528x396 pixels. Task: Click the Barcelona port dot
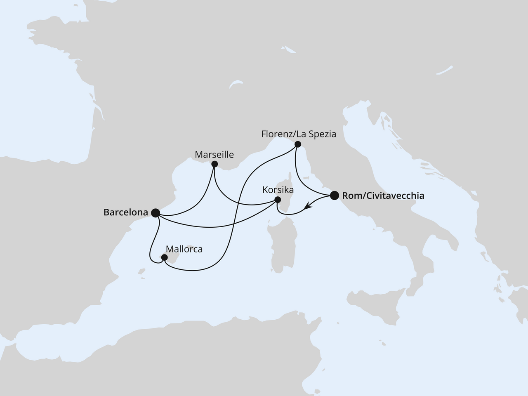(156, 213)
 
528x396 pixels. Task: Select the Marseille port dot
(214, 164)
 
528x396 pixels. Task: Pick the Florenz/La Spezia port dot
(297, 144)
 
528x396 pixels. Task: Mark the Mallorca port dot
(164, 258)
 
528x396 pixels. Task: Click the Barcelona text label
(125, 213)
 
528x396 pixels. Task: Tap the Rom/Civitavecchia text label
(383, 196)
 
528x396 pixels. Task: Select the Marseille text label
(214, 155)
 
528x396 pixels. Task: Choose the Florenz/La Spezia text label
(299, 134)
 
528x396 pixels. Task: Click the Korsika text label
(278, 190)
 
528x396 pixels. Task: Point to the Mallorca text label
(184, 249)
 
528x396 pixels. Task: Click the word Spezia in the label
(323, 134)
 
